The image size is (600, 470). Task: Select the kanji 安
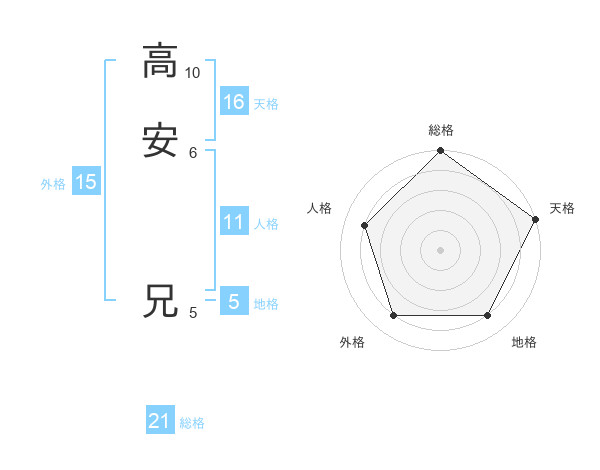pos(160,140)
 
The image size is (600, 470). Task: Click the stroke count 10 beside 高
pos(192,73)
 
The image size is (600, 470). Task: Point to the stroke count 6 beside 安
pos(193,152)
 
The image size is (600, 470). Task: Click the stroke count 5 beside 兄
pos(193,313)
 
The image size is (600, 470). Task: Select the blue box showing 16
pos(234,101)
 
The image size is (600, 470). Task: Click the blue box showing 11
pos(234,222)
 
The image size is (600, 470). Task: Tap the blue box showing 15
pos(85,182)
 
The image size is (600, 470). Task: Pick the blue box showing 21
pos(160,421)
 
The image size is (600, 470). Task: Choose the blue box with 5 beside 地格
pos(234,301)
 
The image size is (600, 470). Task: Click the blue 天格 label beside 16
pos(266,104)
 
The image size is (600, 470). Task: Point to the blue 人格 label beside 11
pos(266,224)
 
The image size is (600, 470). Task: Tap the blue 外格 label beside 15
pos(53,184)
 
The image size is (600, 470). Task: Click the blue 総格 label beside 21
pos(192,423)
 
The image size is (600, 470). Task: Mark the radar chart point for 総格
pos(440,152)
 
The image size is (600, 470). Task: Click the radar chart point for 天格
pos(535,219)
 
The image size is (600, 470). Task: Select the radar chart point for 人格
pos(364,225)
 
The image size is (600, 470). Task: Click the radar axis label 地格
pos(524,342)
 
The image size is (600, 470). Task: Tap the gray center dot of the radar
pos(440,249)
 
